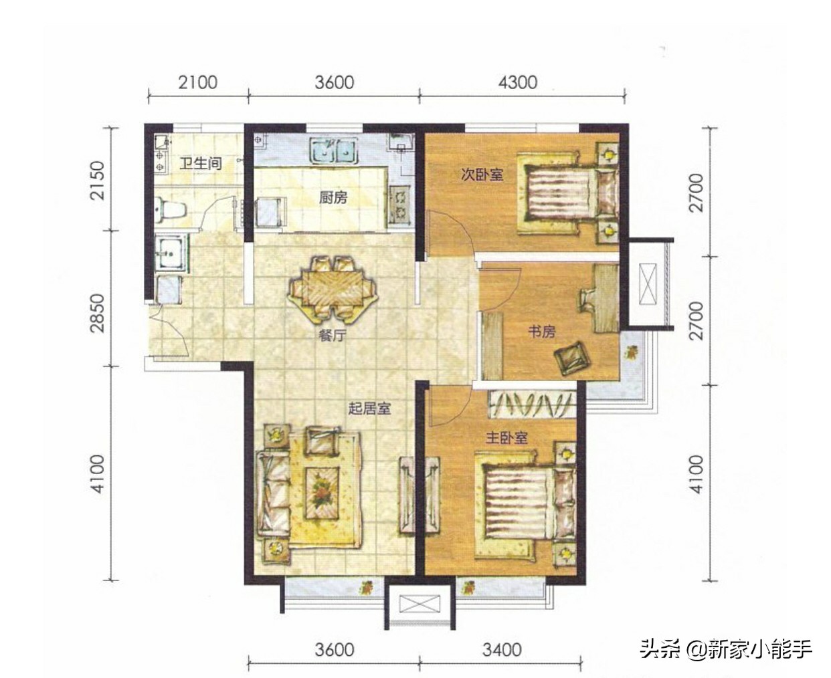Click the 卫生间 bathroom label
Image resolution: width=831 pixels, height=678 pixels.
pos(201,162)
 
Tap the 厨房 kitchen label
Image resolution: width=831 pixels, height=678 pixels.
pos(333,198)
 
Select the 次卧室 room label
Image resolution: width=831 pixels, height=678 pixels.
pos(482,175)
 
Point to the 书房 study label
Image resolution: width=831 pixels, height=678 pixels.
pos(541,331)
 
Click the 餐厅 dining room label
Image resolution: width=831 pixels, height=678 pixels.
pos(332,336)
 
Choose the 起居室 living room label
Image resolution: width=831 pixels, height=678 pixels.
pos(369,408)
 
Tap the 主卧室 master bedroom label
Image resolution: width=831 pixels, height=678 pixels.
pos(506,438)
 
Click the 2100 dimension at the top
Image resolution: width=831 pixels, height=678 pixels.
pos(197,82)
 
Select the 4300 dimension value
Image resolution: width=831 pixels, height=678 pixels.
pos(518,82)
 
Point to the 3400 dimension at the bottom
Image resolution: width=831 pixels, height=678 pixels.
pos(502,649)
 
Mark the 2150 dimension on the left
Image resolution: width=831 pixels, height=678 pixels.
pos(98,180)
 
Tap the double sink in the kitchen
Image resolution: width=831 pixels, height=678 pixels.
pos(333,151)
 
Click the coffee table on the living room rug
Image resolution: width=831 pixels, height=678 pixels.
pos(323,491)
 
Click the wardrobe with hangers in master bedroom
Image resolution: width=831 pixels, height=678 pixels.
pos(532,403)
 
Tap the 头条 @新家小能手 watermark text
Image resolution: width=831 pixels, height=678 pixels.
pos(725,649)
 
